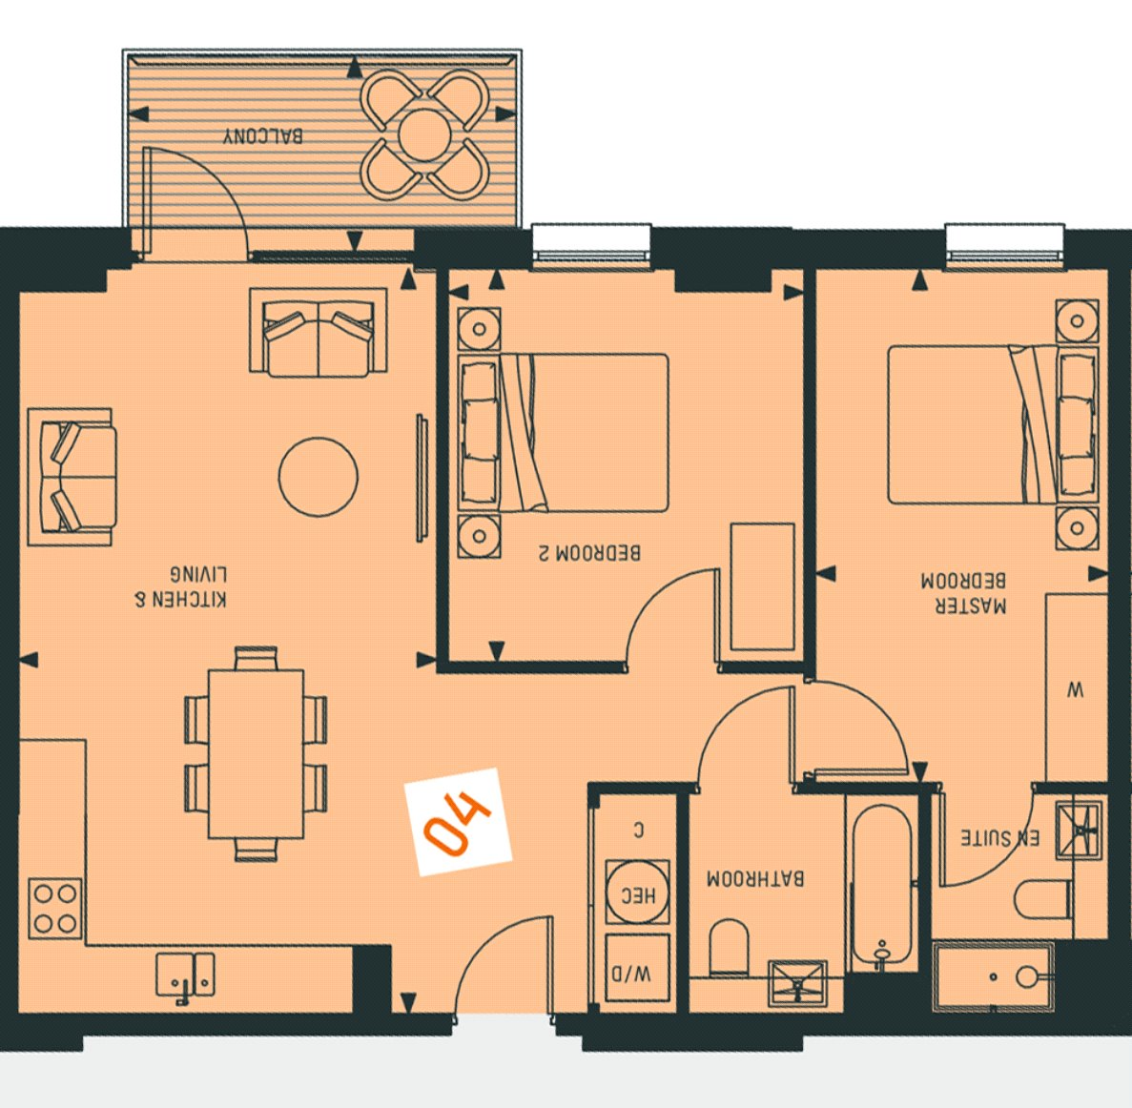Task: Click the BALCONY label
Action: coord(263,135)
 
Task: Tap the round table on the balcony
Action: coord(424,135)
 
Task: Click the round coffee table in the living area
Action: coord(319,477)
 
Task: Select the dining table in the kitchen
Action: coord(256,754)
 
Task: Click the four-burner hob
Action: coord(55,908)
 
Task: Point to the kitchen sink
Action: coord(186,975)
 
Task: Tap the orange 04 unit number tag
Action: coord(459,822)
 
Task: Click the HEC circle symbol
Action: coord(637,892)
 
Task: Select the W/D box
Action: coord(637,969)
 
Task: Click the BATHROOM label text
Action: coord(755,878)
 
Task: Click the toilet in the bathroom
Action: coord(730,947)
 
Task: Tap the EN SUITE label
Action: coord(999,838)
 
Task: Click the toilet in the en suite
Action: coord(1043,899)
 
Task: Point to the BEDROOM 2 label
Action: coord(589,553)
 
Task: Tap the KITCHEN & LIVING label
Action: coord(181,586)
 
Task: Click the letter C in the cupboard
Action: coord(638,831)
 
